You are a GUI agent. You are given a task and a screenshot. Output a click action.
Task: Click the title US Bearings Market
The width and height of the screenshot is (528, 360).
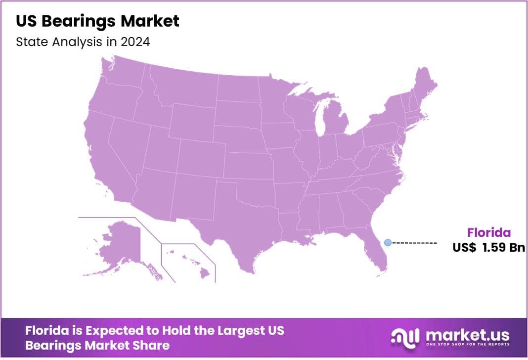[x=97, y=21]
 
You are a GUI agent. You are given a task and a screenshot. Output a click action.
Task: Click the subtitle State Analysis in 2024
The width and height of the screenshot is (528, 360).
[x=83, y=42]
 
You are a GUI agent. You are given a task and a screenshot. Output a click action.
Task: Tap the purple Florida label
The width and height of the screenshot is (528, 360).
[x=489, y=233]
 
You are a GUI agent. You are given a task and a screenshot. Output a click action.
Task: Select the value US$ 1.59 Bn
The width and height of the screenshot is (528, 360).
[x=488, y=248]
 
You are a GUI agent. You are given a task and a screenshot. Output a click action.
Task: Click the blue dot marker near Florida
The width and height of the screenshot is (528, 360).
[x=388, y=242]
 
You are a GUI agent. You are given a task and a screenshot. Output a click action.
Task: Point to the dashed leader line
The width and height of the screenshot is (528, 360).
[x=414, y=243]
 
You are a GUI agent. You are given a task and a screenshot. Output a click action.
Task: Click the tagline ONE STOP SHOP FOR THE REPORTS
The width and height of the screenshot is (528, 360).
[x=468, y=345]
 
